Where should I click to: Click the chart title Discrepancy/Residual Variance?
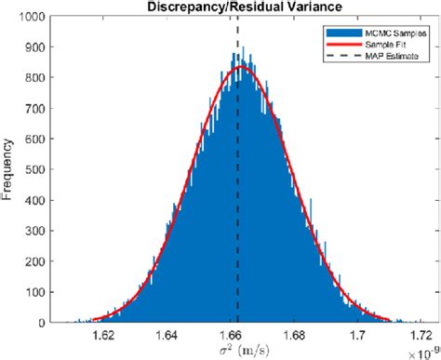[238, 8]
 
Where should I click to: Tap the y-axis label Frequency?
[8, 170]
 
